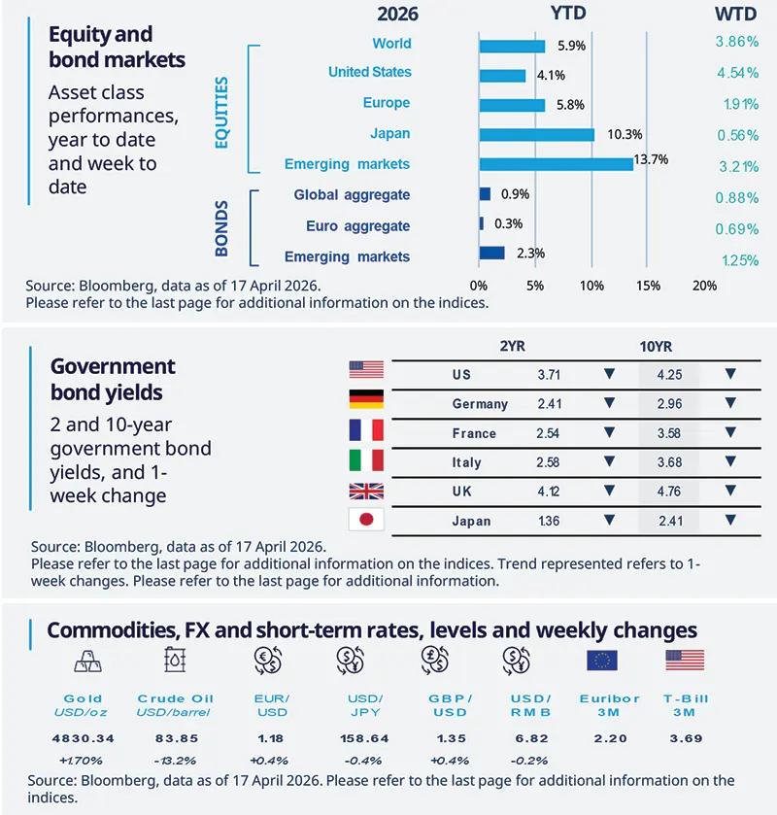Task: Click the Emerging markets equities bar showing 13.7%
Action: pos(556,164)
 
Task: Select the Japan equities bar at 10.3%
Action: pos(536,134)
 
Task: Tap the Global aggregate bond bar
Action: pos(485,194)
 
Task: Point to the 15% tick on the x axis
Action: pos(649,287)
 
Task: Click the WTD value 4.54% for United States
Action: pos(736,72)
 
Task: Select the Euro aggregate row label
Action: pos(357,225)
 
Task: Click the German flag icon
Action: pos(366,399)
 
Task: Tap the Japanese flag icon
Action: pos(366,520)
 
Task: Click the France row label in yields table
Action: pos(474,433)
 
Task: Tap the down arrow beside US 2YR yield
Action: pos(610,374)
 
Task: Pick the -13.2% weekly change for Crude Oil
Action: pos(176,760)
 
